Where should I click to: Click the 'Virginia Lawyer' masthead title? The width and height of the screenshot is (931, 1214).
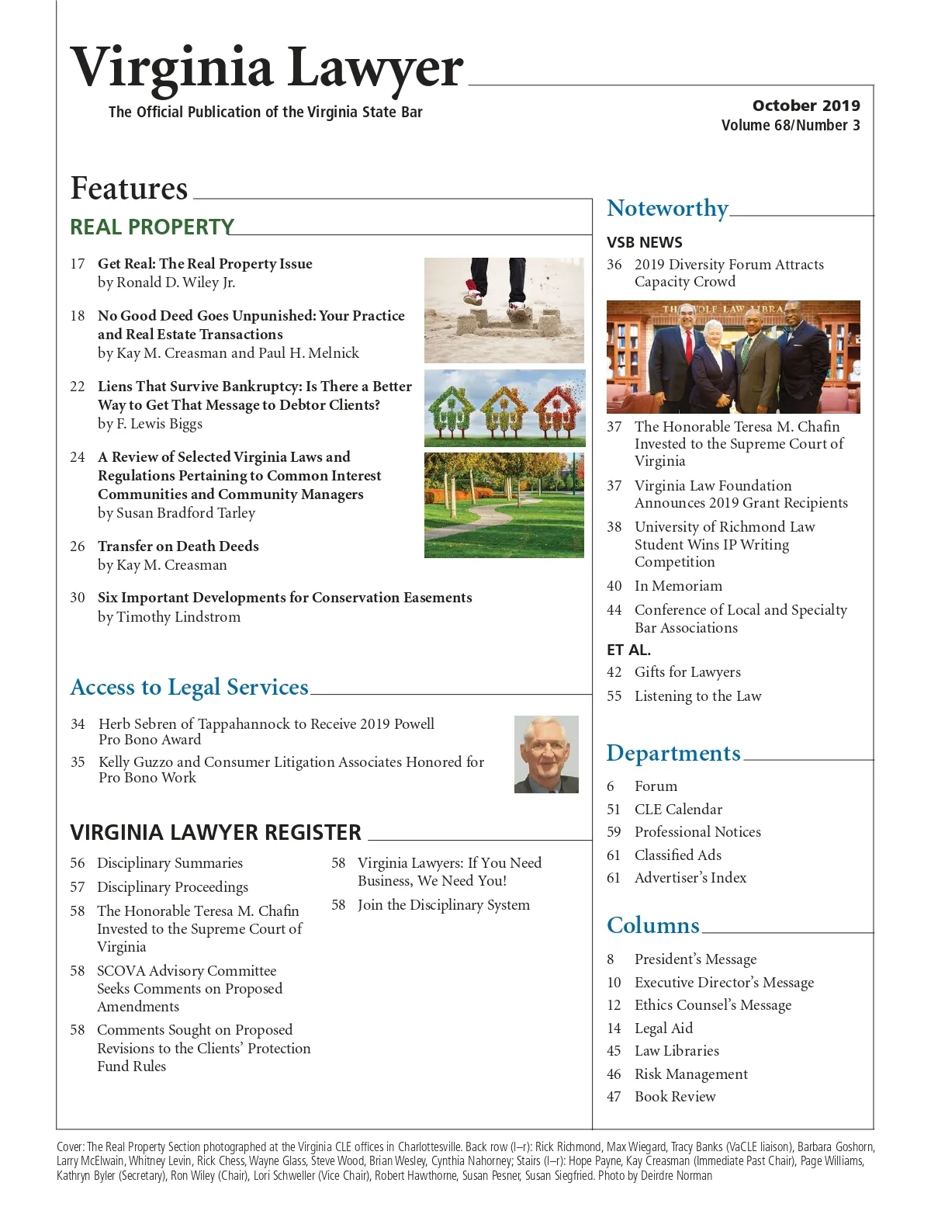[266, 68]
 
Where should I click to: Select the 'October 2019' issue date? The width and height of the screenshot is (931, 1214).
[805, 106]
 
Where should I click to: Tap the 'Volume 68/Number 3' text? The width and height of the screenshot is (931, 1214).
[790, 125]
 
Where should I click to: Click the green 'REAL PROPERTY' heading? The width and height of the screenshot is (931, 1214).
[152, 227]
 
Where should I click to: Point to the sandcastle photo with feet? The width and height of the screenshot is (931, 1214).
[504, 310]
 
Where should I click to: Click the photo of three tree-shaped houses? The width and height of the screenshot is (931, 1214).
[504, 408]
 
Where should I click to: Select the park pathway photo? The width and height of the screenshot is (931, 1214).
[504, 505]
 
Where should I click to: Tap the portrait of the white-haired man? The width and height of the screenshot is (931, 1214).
[546, 754]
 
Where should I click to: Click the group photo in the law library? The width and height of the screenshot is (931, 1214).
[732, 356]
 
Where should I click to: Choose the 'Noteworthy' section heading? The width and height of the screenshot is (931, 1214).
[667, 208]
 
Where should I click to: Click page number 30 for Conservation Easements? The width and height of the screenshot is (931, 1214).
[78, 598]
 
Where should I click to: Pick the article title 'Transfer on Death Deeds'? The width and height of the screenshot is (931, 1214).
[178, 546]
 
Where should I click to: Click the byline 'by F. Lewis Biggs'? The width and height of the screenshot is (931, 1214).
[150, 424]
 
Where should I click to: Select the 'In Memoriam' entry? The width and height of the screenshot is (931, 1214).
[678, 586]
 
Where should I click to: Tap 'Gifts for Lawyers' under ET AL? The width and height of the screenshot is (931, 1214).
[687, 672]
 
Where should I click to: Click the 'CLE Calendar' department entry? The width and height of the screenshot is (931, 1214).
[678, 809]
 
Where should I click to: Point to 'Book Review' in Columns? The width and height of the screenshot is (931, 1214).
[675, 1097]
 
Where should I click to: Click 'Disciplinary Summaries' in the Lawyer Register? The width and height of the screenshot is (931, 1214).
[170, 863]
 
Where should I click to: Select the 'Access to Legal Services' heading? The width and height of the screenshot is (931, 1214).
[189, 687]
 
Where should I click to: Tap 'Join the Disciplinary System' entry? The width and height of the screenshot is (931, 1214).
[444, 905]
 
